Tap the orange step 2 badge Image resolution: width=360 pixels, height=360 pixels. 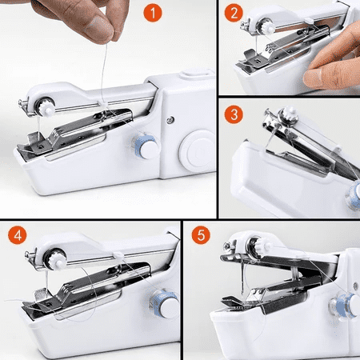pyautogui.click(x=234, y=13)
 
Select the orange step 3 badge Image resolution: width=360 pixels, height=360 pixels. pyautogui.click(x=234, y=114)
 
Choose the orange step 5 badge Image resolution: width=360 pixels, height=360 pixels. pyautogui.click(x=202, y=237)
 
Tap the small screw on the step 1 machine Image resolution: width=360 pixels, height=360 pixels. pyautogui.click(x=170, y=120)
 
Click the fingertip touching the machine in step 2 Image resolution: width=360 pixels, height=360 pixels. pyautogui.click(x=321, y=77)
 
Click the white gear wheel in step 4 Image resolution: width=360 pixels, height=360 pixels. pyautogui.click(x=56, y=259)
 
